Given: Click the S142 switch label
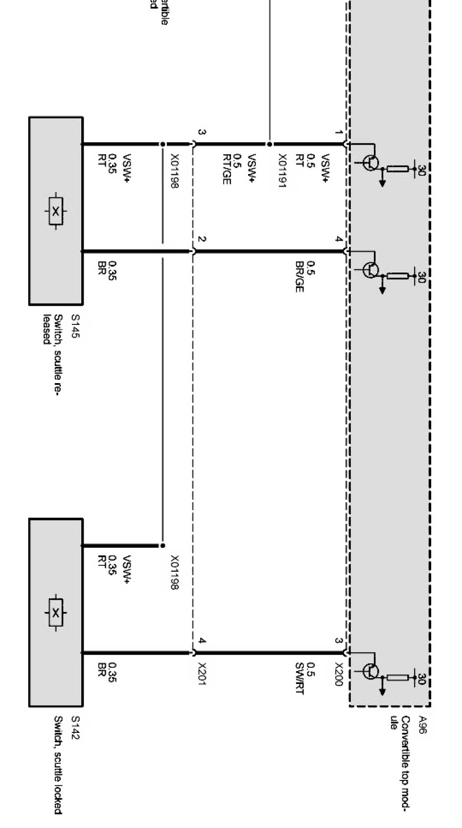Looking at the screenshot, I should click(x=75, y=728).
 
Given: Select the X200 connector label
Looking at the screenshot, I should click(x=338, y=674).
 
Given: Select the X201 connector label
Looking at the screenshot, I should click(x=202, y=674).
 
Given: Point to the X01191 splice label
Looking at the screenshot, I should click(x=282, y=171).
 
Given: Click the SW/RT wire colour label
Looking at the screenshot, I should click(x=299, y=679).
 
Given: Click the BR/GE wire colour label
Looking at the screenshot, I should click(x=299, y=276).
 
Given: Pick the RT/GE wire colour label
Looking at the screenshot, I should click(x=226, y=169).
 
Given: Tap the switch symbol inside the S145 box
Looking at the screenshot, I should click(x=56, y=212).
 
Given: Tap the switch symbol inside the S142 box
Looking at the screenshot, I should click(x=56, y=612).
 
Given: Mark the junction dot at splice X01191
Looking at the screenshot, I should click(x=269, y=145).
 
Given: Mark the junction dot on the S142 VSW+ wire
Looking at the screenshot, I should click(x=162, y=545).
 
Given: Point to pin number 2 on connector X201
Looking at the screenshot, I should click(x=202, y=240).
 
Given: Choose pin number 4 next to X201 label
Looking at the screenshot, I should click(x=202, y=641).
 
